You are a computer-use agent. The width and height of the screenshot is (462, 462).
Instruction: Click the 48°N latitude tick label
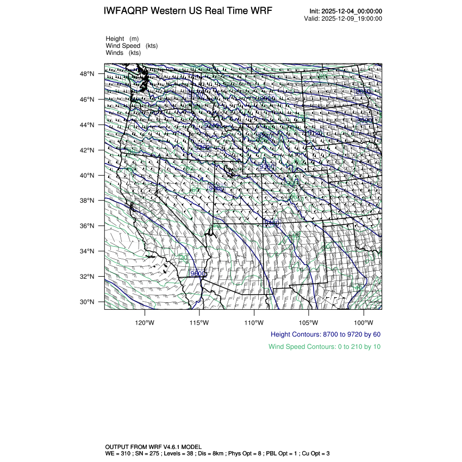tap(88, 74)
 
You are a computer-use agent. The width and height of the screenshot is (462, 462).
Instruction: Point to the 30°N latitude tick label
tap(88, 302)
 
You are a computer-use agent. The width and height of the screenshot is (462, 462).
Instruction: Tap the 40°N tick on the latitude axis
tap(88, 176)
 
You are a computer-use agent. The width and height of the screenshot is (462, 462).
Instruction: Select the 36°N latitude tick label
tap(88, 226)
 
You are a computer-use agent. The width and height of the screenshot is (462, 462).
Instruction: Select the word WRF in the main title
tap(261, 11)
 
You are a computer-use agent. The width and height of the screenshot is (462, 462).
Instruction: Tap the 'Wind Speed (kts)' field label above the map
tap(132, 46)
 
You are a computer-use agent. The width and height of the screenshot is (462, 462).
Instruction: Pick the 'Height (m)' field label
tap(122, 39)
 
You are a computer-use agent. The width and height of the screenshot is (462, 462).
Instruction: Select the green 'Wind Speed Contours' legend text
tap(324, 346)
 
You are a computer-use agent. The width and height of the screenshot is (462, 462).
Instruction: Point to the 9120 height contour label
tap(315, 133)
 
